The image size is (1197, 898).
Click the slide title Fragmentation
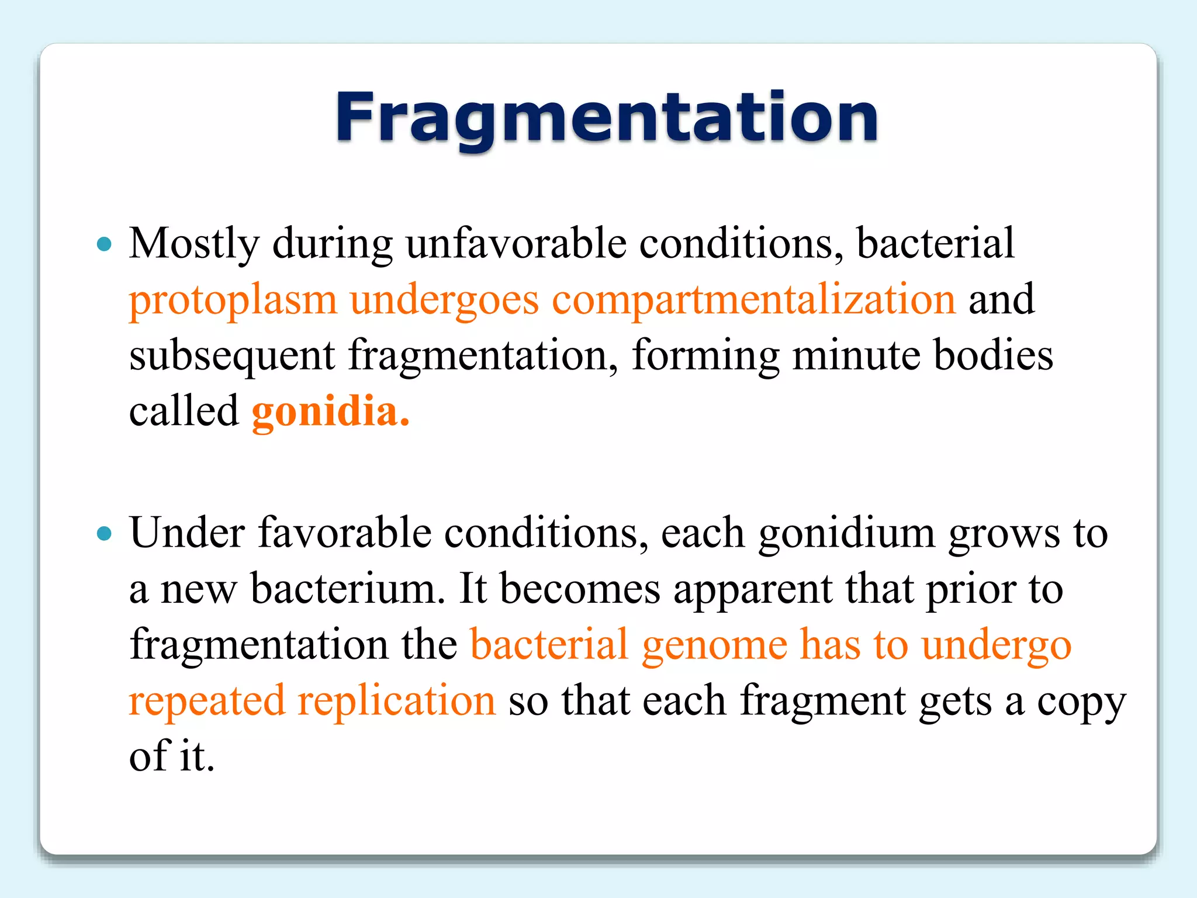click(x=606, y=119)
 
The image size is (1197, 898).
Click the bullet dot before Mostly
click(x=105, y=244)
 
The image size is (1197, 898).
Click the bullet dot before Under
click(x=105, y=533)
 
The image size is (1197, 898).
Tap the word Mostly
click(x=194, y=244)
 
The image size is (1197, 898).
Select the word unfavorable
click(x=516, y=244)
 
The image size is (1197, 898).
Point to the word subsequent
click(x=232, y=356)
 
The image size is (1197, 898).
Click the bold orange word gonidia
click(x=330, y=412)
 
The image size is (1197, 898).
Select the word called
click(x=184, y=412)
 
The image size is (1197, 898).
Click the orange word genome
click(x=714, y=645)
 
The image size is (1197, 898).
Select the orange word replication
click(x=396, y=701)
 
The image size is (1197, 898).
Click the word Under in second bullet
click(x=187, y=533)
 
